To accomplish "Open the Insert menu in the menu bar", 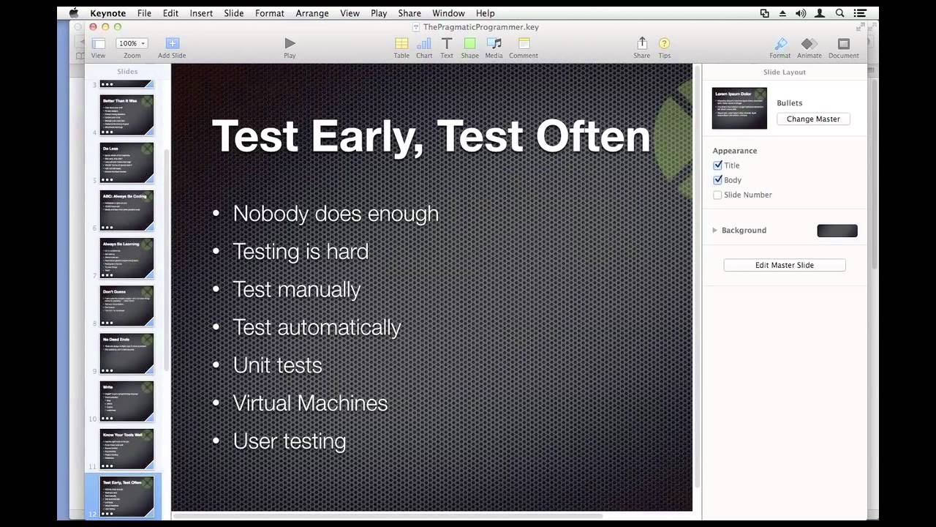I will [x=201, y=13].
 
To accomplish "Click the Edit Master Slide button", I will [x=784, y=265].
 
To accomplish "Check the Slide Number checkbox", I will [x=717, y=195].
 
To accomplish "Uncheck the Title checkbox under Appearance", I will [x=717, y=165].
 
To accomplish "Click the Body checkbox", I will [x=717, y=180].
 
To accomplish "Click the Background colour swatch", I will [x=837, y=231].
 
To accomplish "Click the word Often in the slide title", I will [x=592, y=136].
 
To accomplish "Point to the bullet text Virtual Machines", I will [x=310, y=403].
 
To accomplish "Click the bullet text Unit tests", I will [x=277, y=365].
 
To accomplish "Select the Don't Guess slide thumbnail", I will [x=127, y=305].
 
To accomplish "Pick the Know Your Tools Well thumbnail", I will [x=127, y=448].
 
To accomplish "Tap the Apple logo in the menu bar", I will [x=74, y=13].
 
